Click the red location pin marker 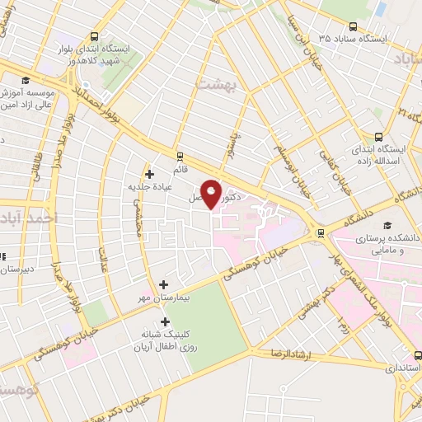[x=211, y=195]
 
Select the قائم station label [x=181, y=168]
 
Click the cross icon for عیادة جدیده [x=149, y=174]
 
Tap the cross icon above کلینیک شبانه [x=165, y=322]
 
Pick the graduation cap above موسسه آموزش [x=25, y=79]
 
